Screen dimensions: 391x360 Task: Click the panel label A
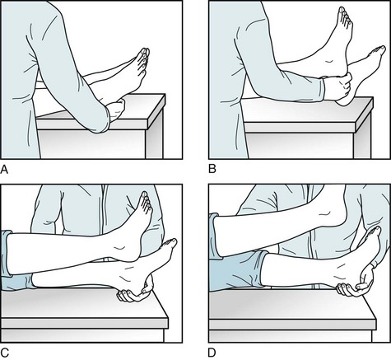4,170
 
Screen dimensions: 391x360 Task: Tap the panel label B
212,169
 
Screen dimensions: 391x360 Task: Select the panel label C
5,353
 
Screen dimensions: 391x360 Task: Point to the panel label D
212,353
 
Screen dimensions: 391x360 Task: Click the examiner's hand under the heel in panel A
116,110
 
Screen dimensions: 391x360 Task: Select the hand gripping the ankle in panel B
337,89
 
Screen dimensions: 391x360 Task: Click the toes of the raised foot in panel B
344,15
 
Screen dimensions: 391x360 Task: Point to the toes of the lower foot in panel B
379,52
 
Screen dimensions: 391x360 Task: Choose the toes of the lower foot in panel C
170,244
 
